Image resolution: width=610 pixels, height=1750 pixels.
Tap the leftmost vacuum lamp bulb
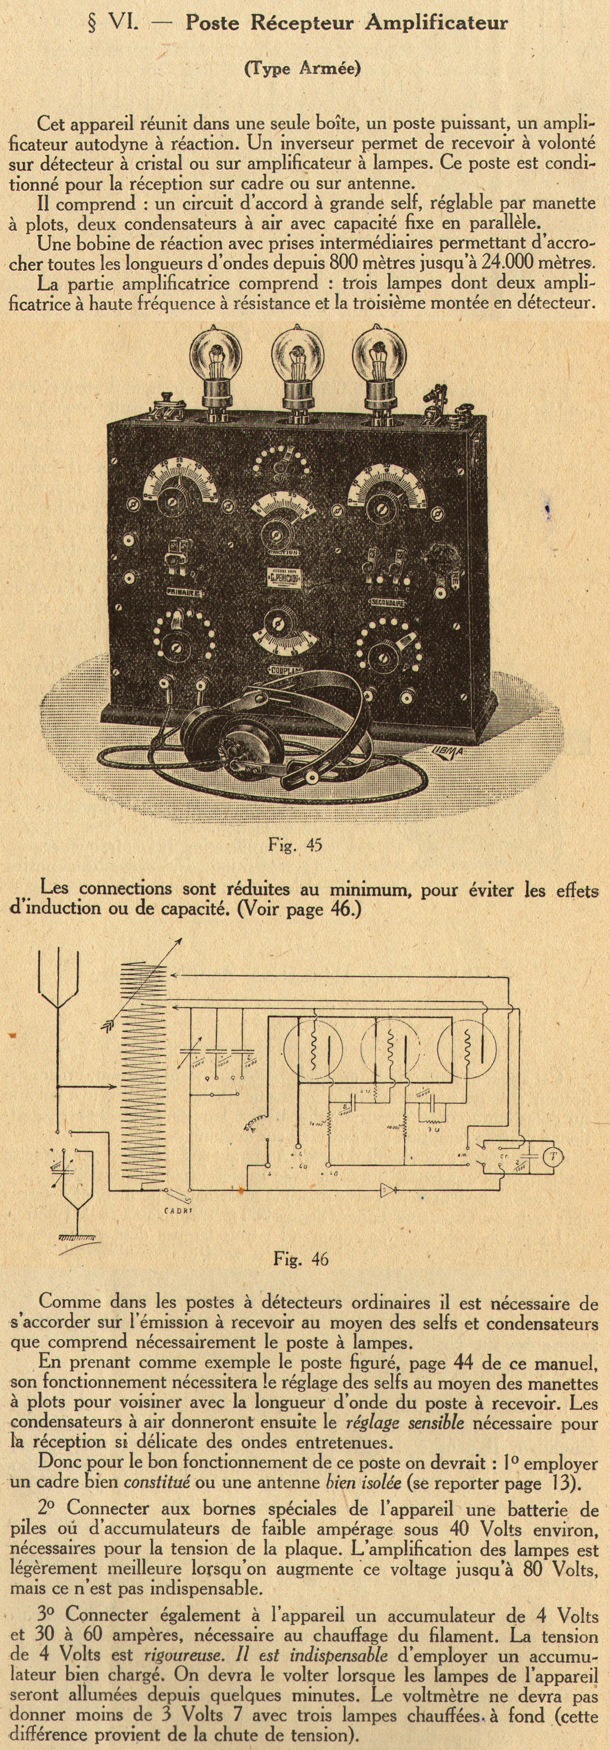click(x=215, y=358)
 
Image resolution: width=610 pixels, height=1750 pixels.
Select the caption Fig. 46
click(x=300, y=1259)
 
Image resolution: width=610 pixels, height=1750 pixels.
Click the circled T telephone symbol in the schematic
click(x=554, y=1156)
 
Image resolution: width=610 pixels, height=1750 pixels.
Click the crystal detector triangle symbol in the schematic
click(x=387, y=1190)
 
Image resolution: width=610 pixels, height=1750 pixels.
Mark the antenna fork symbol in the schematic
click(x=58, y=985)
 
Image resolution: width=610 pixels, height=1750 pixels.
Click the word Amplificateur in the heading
click(x=437, y=24)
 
